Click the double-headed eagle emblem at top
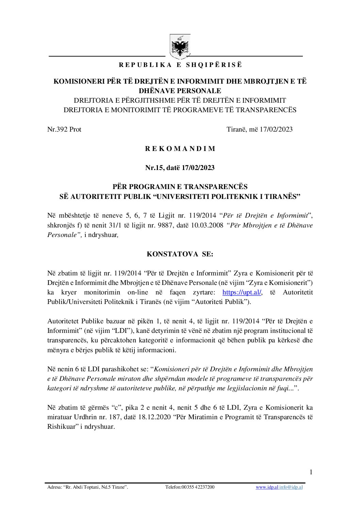point(180,47)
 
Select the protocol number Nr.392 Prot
point(64,129)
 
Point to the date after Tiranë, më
point(276,129)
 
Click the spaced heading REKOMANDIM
point(180,149)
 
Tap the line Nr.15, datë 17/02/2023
point(180,168)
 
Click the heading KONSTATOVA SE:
point(180,254)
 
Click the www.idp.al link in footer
point(267,487)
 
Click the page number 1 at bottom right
point(311,472)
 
